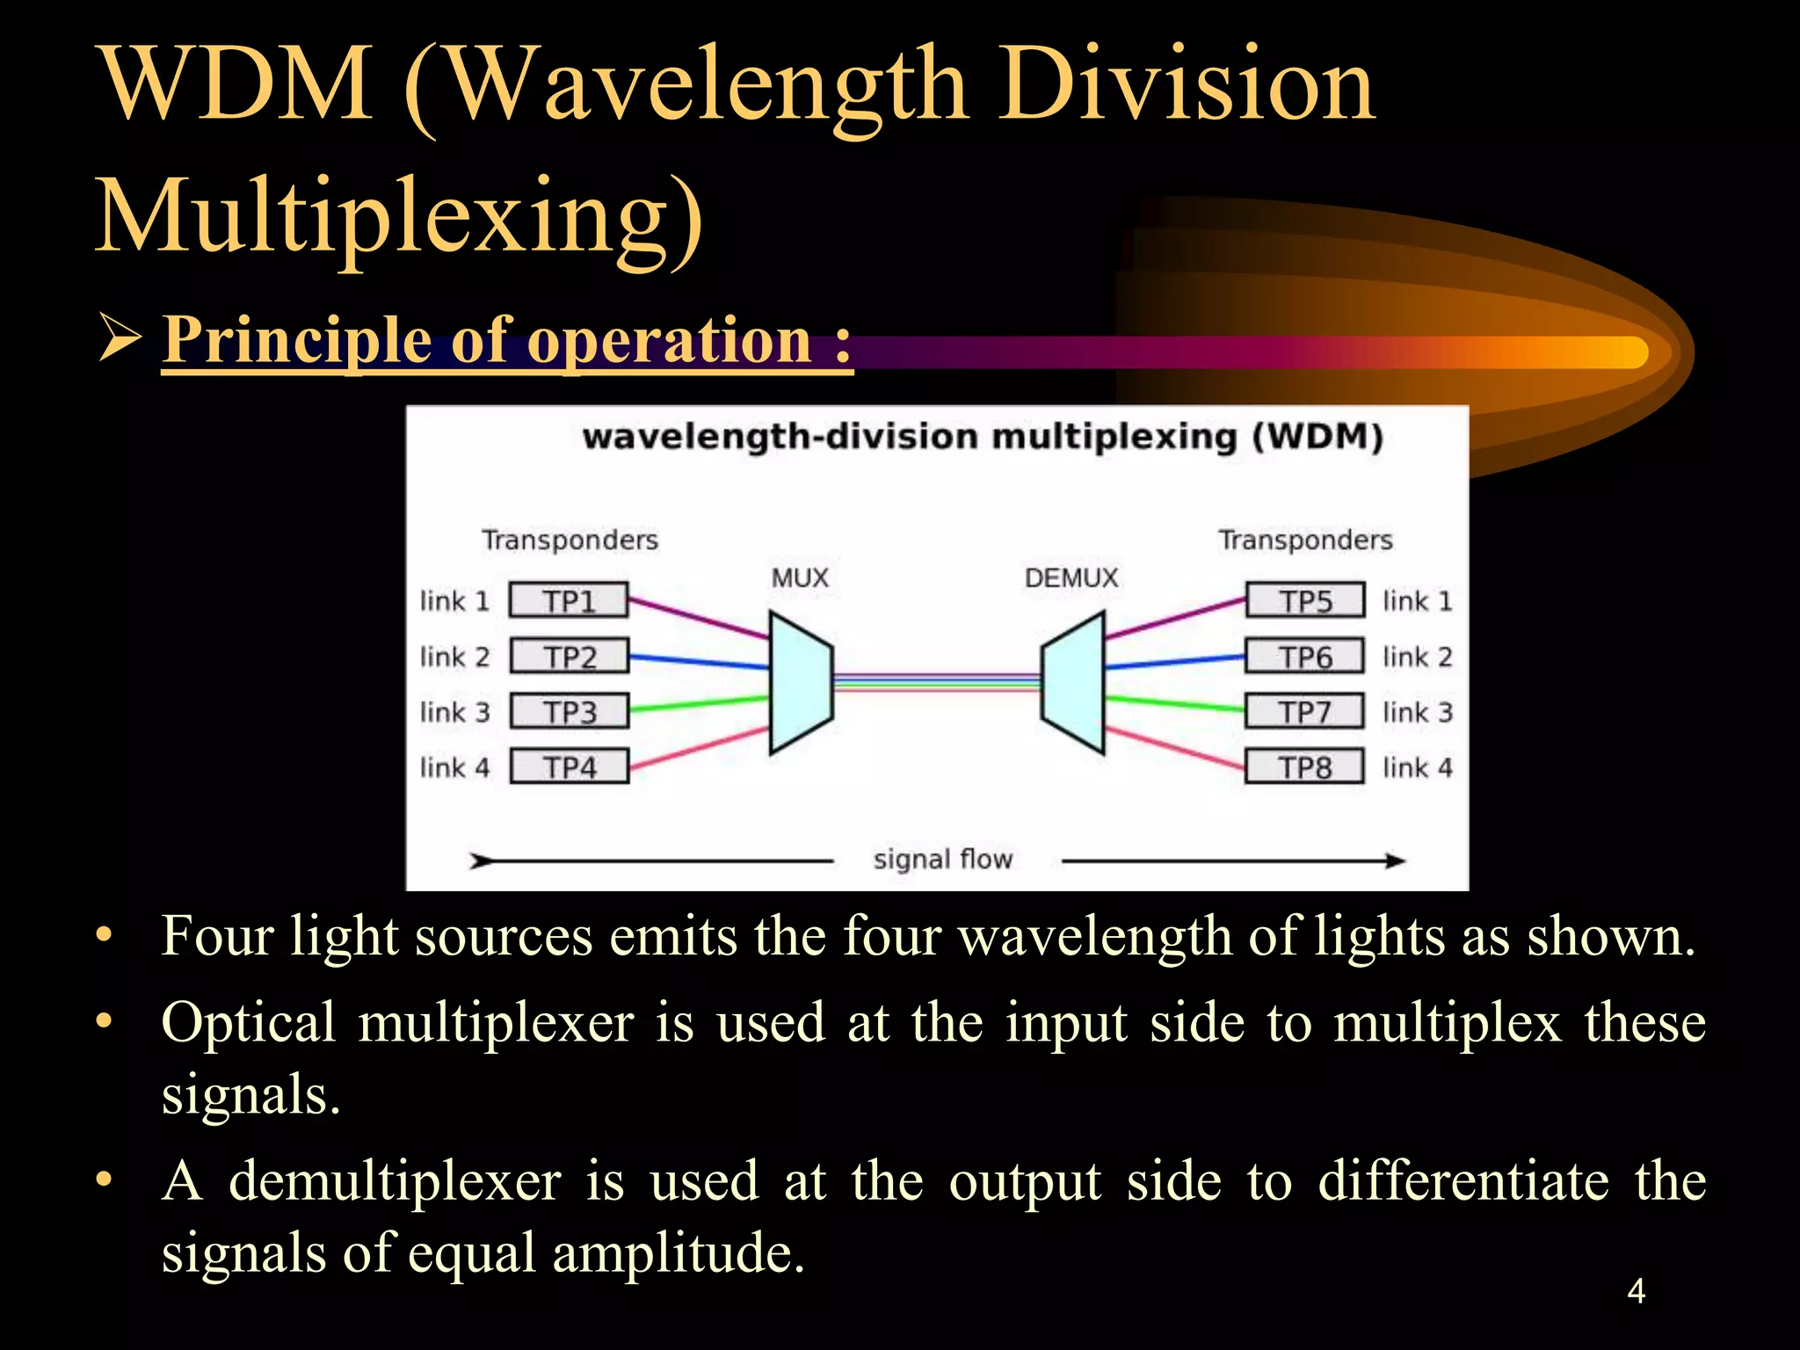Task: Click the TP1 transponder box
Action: tap(569, 601)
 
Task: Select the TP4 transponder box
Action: tap(569, 766)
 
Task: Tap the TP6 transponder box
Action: tap(1304, 657)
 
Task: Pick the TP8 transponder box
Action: tap(1304, 766)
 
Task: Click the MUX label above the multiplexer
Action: tap(800, 578)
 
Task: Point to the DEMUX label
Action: tap(1071, 578)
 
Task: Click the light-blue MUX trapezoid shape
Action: tap(800, 682)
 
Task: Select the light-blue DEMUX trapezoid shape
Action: tap(1074, 682)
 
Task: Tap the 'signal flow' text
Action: tap(943, 859)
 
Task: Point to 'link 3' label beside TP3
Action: tap(454, 712)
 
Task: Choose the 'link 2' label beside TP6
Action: tap(1417, 657)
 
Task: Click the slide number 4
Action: tap(1636, 1291)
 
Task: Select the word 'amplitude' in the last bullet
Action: tap(677, 1252)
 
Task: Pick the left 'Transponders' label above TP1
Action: tap(570, 540)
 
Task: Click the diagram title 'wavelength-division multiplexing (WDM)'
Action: tap(983, 437)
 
